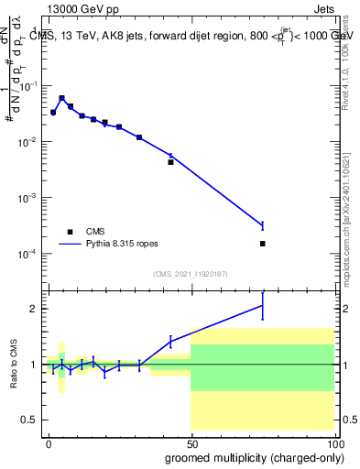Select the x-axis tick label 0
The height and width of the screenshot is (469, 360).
(x=49, y=442)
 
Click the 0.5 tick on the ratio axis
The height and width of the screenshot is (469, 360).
(x=30, y=420)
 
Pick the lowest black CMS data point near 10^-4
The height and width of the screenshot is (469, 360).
(x=262, y=244)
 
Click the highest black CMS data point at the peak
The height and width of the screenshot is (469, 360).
(x=61, y=98)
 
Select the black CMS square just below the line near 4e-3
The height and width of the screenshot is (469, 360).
(x=170, y=162)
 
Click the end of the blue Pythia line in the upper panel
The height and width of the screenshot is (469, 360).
(x=262, y=225)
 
